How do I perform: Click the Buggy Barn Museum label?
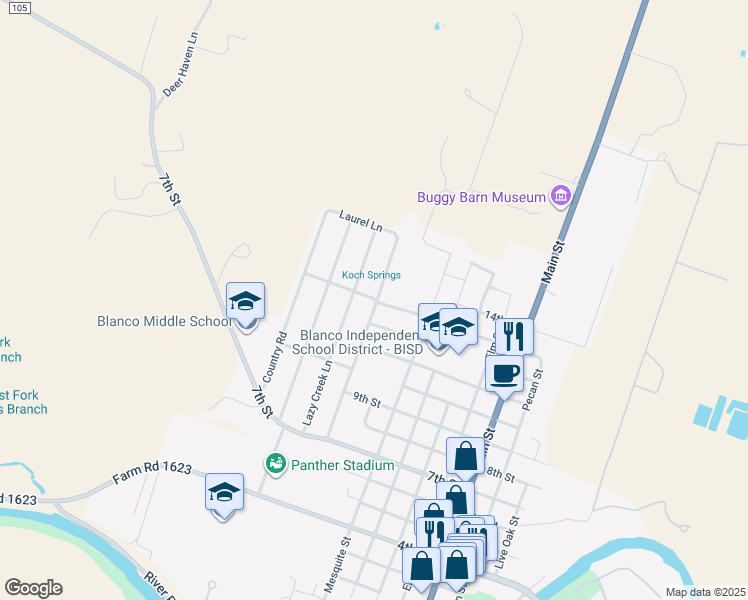pyautogui.click(x=481, y=196)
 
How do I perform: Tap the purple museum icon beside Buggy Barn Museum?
pyautogui.click(x=561, y=196)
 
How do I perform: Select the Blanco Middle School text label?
pyautogui.click(x=165, y=322)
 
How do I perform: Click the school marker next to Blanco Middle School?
pyautogui.click(x=245, y=302)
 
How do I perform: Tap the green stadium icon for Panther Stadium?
pyautogui.click(x=275, y=464)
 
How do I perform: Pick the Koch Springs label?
pyautogui.click(x=371, y=275)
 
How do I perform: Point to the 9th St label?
pyautogui.click(x=367, y=401)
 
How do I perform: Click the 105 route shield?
pyautogui.click(x=22, y=7)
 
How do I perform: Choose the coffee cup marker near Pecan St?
pyautogui.click(x=504, y=375)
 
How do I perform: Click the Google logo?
pyautogui.click(x=33, y=588)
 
